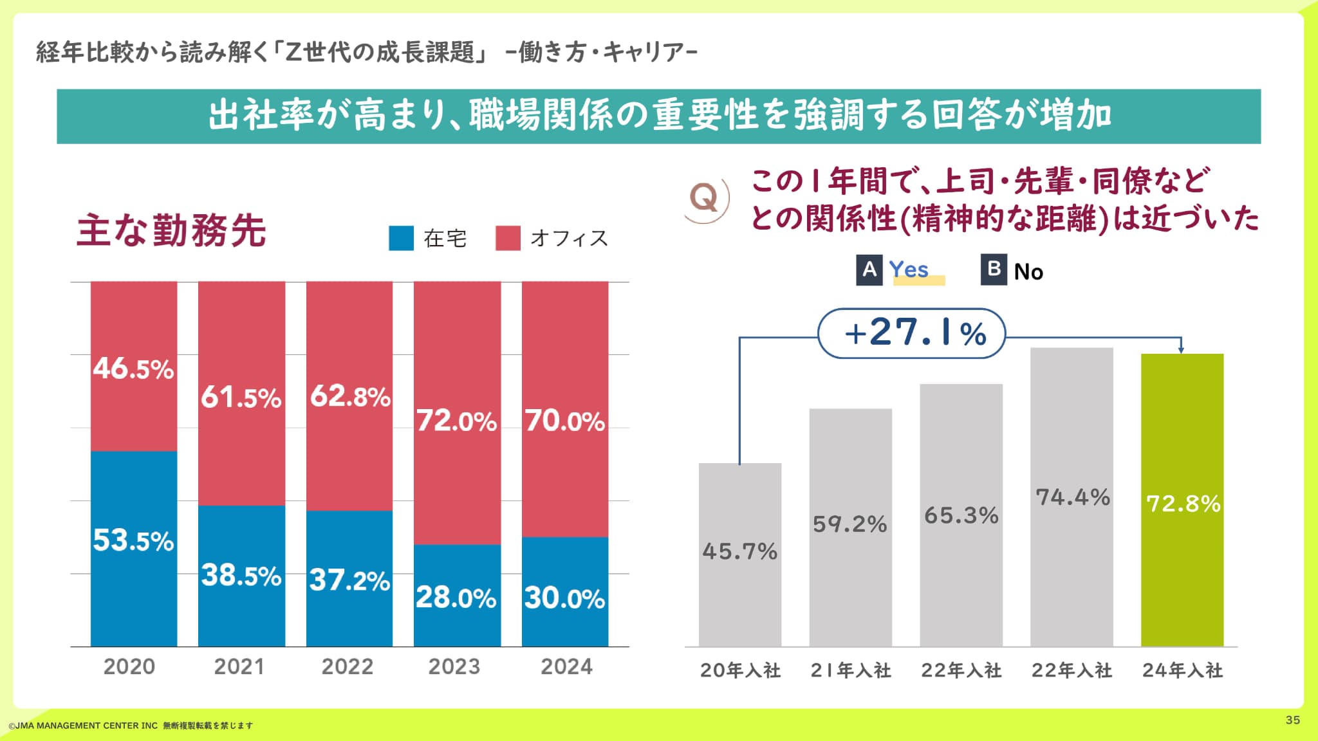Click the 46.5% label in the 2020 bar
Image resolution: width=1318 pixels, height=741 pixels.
click(133, 369)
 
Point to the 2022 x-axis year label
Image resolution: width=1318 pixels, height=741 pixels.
click(348, 666)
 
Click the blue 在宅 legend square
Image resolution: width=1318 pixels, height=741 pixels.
click(401, 238)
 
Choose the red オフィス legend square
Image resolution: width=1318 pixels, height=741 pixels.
click(508, 238)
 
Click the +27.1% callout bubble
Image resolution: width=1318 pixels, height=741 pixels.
click(911, 333)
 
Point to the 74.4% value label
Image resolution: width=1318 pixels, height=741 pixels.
click(1072, 497)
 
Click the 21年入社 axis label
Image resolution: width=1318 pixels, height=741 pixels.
click(851, 670)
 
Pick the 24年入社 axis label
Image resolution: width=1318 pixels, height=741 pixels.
click(1182, 670)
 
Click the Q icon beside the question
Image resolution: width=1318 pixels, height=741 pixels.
click(705, 199)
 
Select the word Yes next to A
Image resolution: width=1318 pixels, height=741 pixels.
click(909, 270)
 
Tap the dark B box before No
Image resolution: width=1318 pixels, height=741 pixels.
click(994, 269)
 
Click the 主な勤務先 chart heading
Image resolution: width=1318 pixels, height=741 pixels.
click(171, 231)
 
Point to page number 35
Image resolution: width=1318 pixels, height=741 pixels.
click(1292, 720)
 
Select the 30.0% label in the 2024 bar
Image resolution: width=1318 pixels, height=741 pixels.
click(564, 598)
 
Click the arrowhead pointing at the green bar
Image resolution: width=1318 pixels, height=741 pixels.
click(1181, 349)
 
